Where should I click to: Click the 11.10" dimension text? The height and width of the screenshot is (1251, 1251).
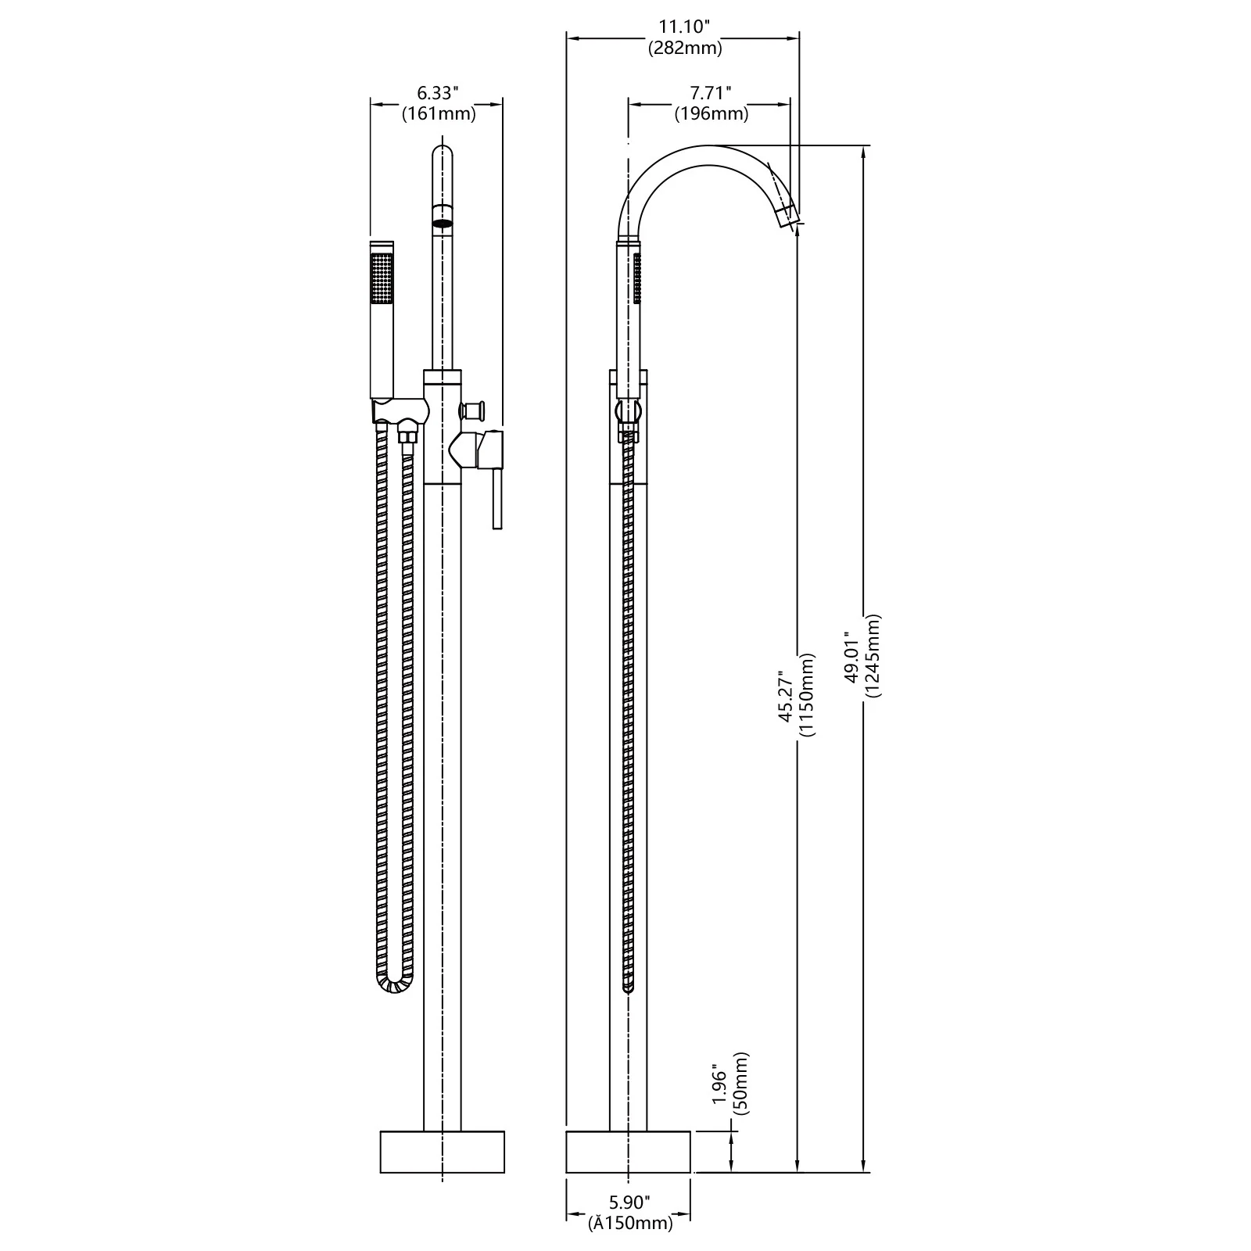click(x=683, y=27)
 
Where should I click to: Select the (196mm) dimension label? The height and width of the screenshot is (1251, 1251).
click(x=712, y=114)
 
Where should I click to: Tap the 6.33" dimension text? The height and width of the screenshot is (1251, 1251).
click(x=436, y=94)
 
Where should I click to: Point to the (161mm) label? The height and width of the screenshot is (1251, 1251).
click(x=439, y=114)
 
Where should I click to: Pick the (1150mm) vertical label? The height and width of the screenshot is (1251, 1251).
click(x=807, y=694)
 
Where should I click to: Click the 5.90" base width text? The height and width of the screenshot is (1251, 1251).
click(x=629, y=1202)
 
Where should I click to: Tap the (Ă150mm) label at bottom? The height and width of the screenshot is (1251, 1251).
click(x=630, y=1224)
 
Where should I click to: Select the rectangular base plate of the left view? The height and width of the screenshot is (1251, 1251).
click(x=443, y=1151)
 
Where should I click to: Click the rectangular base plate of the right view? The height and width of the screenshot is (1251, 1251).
click(x=628, y=1151)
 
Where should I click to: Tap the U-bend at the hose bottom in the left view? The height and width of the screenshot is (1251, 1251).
click(x=395, y=987)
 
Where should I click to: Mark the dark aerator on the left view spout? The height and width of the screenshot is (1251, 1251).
click(x=443, y=223)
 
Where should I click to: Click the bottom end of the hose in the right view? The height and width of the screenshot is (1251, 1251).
click(x=628, y=989)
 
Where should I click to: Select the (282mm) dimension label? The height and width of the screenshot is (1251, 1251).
click(x=685, y=48)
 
